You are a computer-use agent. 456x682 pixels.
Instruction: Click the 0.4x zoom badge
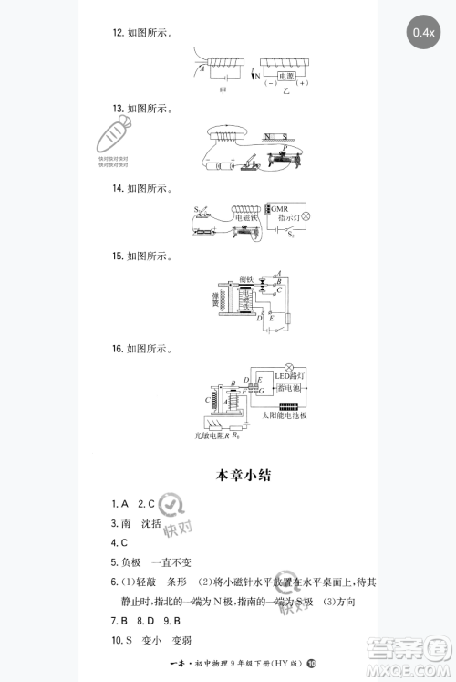[423, 33]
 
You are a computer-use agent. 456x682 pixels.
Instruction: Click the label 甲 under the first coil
[223, 92]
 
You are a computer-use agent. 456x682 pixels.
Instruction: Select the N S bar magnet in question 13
[275, 137]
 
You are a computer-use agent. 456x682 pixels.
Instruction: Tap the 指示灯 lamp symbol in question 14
[306, 217]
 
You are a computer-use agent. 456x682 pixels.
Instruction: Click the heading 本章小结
[242, 475]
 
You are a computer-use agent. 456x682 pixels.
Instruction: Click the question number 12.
[118, 33]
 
